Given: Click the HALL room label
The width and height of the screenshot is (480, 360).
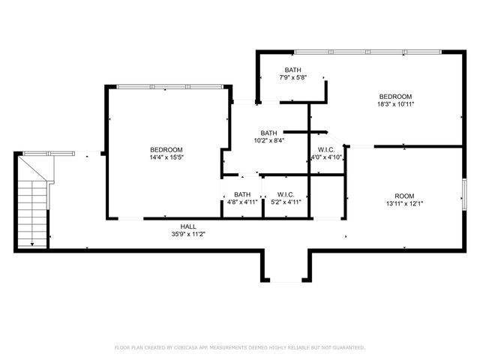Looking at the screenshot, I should (188, 226).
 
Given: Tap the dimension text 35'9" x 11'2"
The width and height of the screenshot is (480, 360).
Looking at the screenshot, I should (188, 234).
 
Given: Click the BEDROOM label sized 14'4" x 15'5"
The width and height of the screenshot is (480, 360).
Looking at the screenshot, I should (166, 150).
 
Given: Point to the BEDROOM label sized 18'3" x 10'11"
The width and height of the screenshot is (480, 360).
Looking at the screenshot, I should (395, 97).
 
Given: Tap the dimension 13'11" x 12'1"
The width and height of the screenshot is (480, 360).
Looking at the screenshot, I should (404, 203).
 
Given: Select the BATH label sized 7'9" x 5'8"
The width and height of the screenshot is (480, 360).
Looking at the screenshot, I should (293, 70).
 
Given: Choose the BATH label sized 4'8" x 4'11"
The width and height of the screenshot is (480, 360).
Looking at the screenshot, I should (241, 194).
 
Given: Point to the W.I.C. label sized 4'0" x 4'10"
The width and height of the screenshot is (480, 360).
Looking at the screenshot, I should (326, 149).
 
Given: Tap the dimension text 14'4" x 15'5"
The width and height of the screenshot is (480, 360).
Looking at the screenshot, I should (166, 158).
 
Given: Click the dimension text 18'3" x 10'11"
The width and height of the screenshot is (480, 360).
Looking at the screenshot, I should (395, 105).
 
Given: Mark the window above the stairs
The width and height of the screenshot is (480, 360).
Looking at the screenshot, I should (49, 153).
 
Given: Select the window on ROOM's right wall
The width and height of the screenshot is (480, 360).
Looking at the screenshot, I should (464, 193).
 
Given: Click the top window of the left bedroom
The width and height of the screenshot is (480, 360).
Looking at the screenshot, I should (169, 86).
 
